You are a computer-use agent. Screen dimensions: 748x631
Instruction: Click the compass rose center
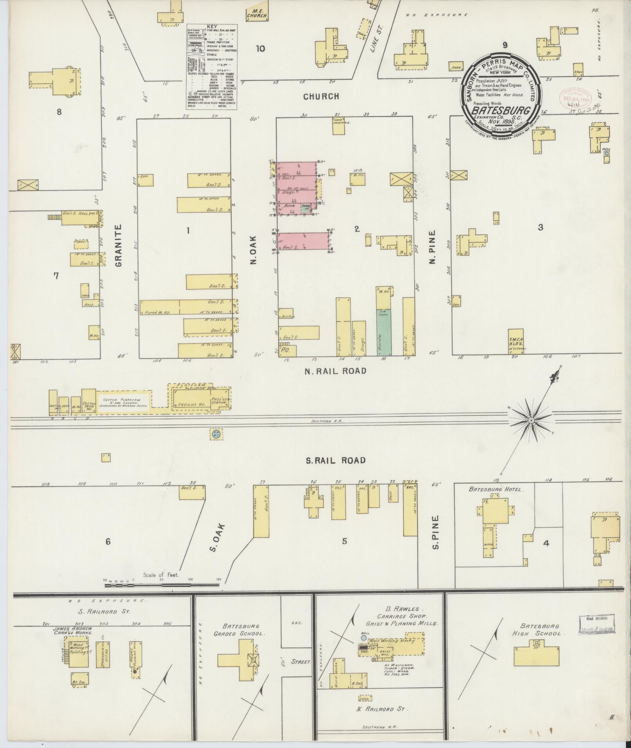(x=531, y=420)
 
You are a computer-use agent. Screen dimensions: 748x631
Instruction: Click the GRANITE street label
(x=119, y=245)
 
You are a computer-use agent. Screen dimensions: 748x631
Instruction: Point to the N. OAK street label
(x=253, y=249)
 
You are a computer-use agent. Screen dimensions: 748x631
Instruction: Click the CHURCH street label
(x=321, y=96)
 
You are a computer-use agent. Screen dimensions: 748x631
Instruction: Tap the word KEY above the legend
(x=212, y=26)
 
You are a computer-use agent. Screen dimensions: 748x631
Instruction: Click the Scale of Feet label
(x=161, y=575)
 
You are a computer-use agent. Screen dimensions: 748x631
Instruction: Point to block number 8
(x=59, y=112)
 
